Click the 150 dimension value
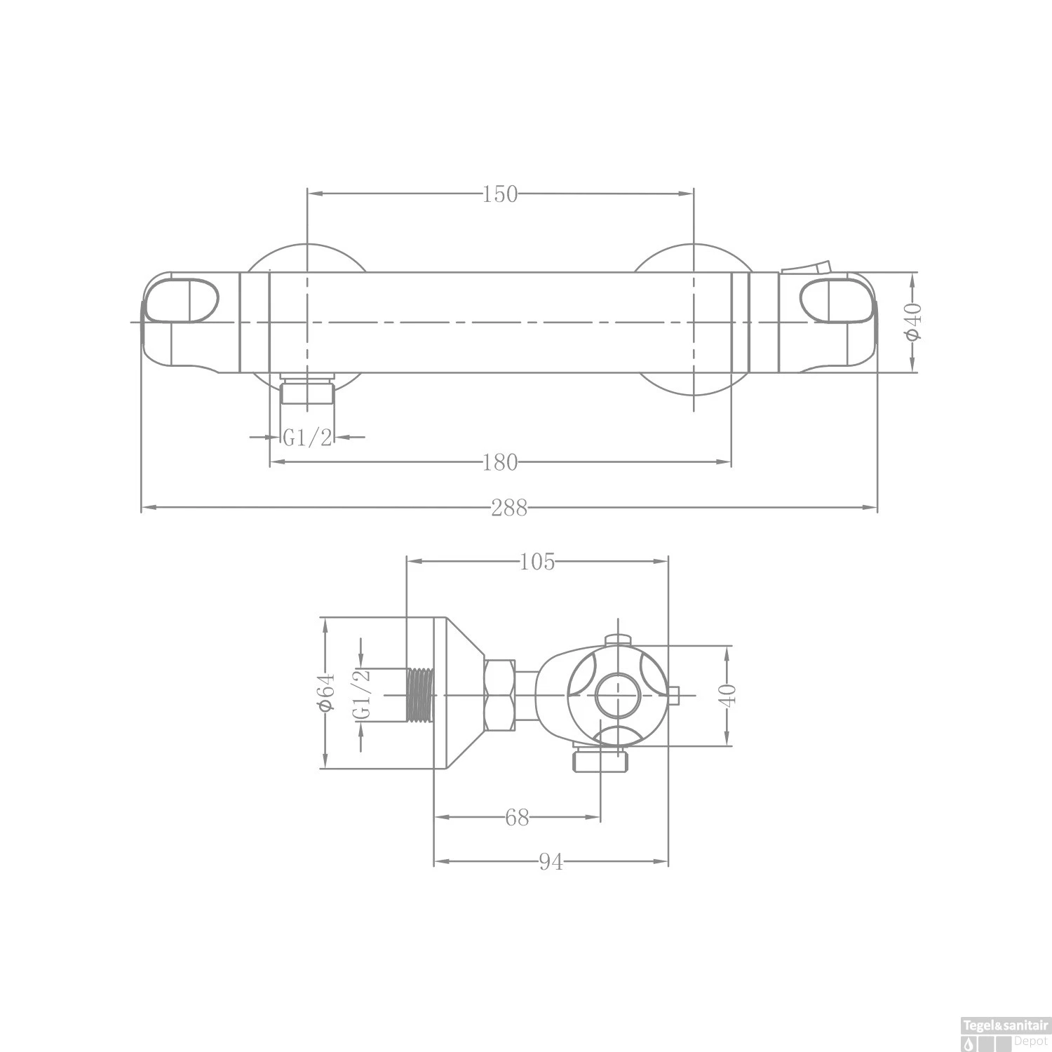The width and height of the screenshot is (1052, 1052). tap(499, 194)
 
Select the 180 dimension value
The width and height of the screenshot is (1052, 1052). tap(499, 462)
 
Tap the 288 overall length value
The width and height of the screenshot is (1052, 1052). tap(508, 508)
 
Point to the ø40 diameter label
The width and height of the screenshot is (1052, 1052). tap(912, 323)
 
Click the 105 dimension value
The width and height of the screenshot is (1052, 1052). tap(537, 562)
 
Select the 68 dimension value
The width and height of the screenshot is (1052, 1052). tap(517, 818)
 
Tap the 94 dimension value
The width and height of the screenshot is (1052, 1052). tap(551, 863)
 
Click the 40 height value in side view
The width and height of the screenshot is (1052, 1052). tap(728, 694)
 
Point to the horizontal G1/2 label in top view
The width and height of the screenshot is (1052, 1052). tap(307, 438)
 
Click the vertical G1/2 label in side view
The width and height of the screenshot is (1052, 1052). tap(361, 694)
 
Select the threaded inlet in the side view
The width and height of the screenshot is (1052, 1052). tap(421, 694)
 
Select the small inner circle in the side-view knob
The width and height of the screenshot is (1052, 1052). tap(617, 695)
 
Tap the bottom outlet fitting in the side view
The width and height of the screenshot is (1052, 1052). tap(601, 760)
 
